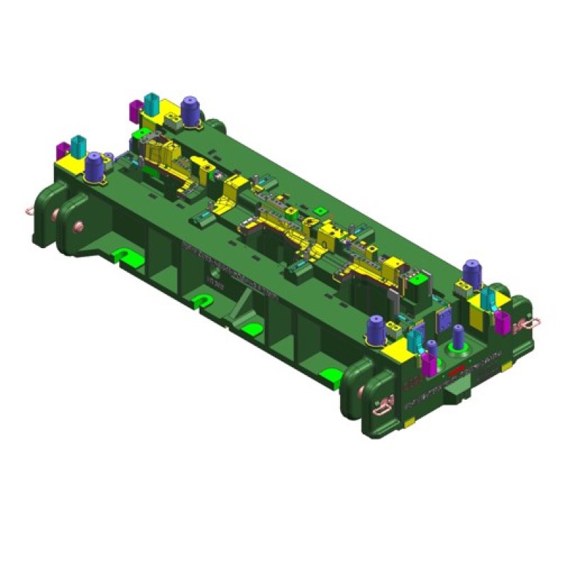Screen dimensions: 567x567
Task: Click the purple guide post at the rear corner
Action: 190,111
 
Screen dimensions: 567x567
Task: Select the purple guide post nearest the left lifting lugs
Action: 94,167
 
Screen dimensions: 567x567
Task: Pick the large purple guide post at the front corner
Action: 376,330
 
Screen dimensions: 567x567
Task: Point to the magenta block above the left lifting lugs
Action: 62,150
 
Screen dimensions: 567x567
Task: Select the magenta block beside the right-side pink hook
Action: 502,322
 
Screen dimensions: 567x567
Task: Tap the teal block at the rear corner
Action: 151,102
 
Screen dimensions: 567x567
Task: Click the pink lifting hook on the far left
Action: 29,210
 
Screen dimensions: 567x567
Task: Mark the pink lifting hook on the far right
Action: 528,324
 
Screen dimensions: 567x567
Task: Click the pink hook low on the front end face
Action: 383,405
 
